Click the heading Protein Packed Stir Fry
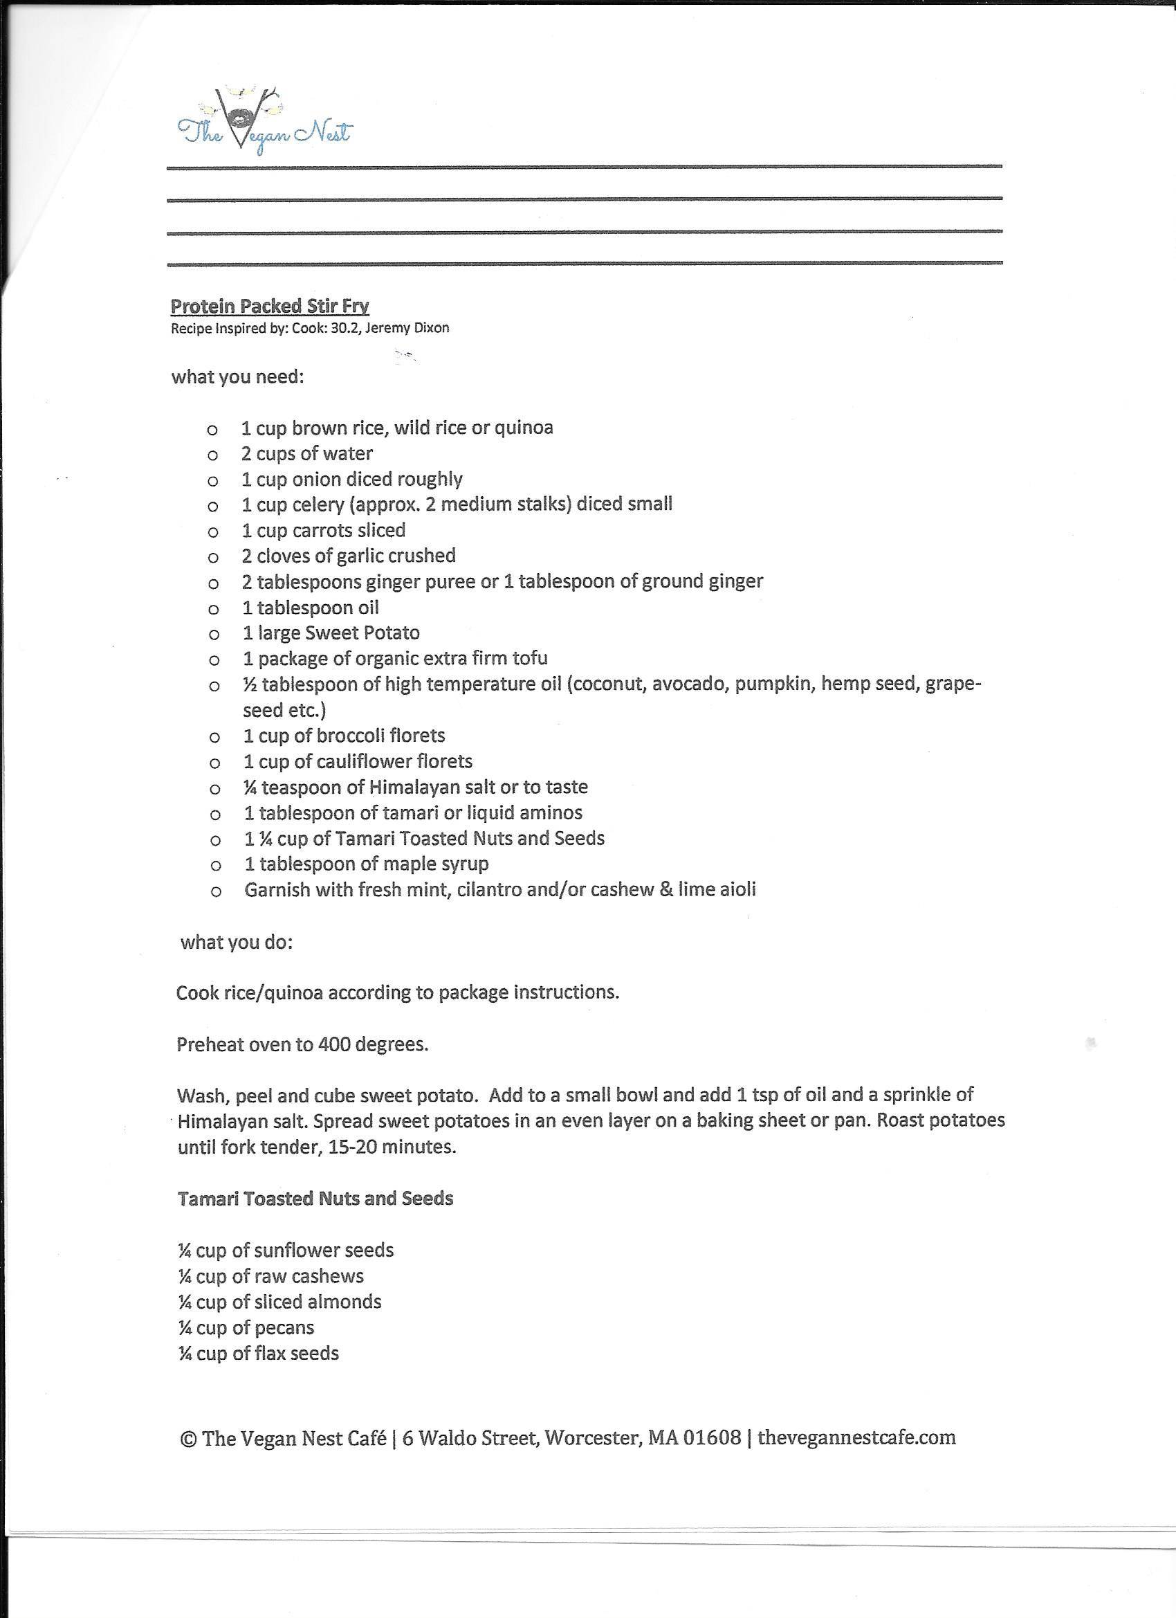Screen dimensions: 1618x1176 tap(270, 306)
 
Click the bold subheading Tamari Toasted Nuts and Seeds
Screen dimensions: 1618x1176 tap(315, 1199)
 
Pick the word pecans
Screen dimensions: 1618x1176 tap(284, 1327)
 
